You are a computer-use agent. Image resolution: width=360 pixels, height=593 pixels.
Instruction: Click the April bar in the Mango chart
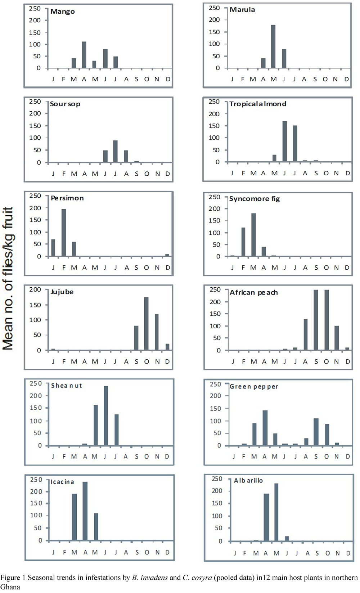click(84, 55)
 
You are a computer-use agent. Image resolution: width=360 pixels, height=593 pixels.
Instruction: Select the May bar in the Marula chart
click(273, 46)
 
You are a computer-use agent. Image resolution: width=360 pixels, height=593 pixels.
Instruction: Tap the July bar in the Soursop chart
click(116, 151)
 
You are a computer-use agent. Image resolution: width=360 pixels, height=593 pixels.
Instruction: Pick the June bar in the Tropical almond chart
click(284, 141)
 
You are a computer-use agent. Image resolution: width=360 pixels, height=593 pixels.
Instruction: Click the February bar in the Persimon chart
click(63, 233)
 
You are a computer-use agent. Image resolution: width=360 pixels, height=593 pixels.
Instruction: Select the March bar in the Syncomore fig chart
click(253, 234)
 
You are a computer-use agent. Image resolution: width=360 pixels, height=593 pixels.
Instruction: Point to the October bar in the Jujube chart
click(147, 323)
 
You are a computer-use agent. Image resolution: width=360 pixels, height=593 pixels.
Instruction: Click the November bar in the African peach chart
click(337, 338)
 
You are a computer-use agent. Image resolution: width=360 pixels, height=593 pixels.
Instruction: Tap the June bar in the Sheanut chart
click(106, 415)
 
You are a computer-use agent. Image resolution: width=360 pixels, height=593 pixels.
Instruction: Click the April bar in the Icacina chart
click(85, 511)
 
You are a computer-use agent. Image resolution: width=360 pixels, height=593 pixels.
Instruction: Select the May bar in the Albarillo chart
click(276, 512)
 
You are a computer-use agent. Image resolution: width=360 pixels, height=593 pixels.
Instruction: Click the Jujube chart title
click(62, 292)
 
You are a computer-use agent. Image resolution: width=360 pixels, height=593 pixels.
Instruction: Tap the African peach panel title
click(253, 292)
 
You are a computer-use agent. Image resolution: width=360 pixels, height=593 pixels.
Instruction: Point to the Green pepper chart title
click(253, 386)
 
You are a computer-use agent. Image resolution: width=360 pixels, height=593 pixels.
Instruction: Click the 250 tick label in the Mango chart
click(35, 9)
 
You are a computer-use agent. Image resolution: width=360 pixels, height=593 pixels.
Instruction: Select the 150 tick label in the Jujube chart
click(35, 305)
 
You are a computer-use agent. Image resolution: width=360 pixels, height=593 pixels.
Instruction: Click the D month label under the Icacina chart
click(167, 553)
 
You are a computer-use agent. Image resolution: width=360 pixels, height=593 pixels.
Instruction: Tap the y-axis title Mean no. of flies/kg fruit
click(8, 279)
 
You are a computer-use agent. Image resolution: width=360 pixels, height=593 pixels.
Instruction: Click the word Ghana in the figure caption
click(10, 587)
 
